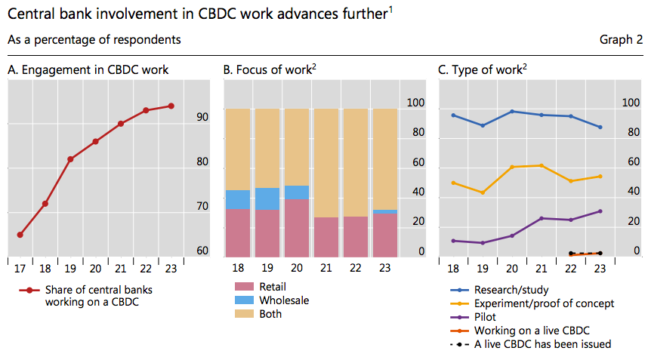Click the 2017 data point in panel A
20,235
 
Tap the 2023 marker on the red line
171,106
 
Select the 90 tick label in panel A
202,117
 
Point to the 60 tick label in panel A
202,251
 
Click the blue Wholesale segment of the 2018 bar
238,199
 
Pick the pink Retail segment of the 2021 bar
326,237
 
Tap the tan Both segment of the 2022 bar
356,162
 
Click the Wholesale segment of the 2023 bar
385,212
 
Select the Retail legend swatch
245,287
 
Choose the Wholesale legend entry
283,300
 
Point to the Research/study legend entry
511,290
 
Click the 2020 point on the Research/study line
512,111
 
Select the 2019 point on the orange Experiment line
483,192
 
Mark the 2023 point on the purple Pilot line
600,211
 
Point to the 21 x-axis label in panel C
542,268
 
